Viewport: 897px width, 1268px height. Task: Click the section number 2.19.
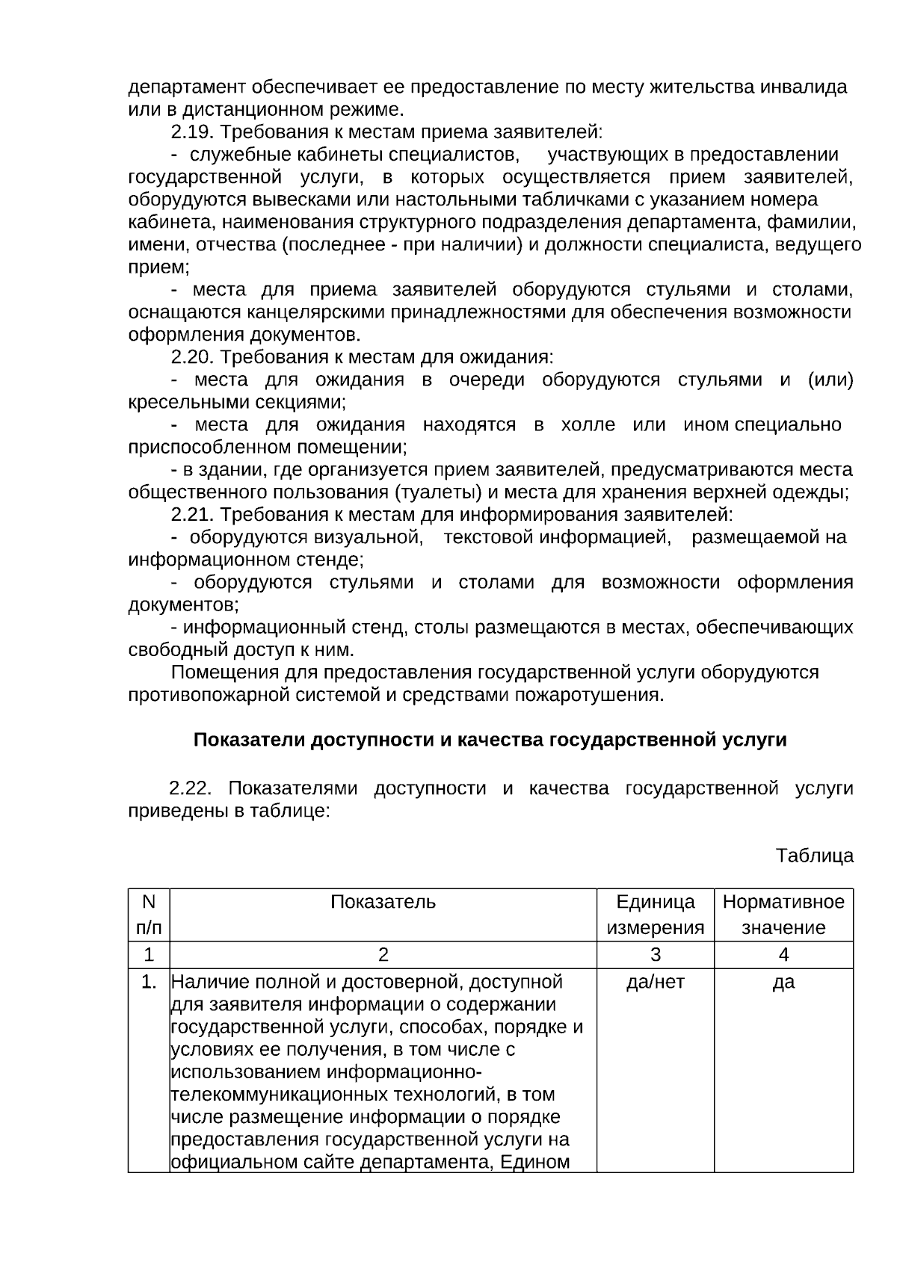coord(192,132)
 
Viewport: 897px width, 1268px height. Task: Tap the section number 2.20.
coord(192,357)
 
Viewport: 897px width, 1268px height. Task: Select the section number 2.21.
coord(192,515)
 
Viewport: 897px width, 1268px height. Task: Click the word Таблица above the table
coord(814,856)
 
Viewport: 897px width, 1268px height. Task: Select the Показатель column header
coord(383,902)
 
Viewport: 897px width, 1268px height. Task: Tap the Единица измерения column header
coord(655,915)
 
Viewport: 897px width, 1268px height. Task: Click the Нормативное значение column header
coord(783,915)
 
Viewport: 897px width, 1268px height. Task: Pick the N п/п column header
coord(149,915)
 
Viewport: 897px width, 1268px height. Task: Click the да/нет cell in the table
coord(655,982)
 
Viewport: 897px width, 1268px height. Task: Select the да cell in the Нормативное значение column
coord(783,982)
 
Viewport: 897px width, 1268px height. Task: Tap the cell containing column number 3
coord(655,955)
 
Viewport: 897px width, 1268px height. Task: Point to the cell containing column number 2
coord(383,955)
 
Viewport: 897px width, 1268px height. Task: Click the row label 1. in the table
coord(149,982)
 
